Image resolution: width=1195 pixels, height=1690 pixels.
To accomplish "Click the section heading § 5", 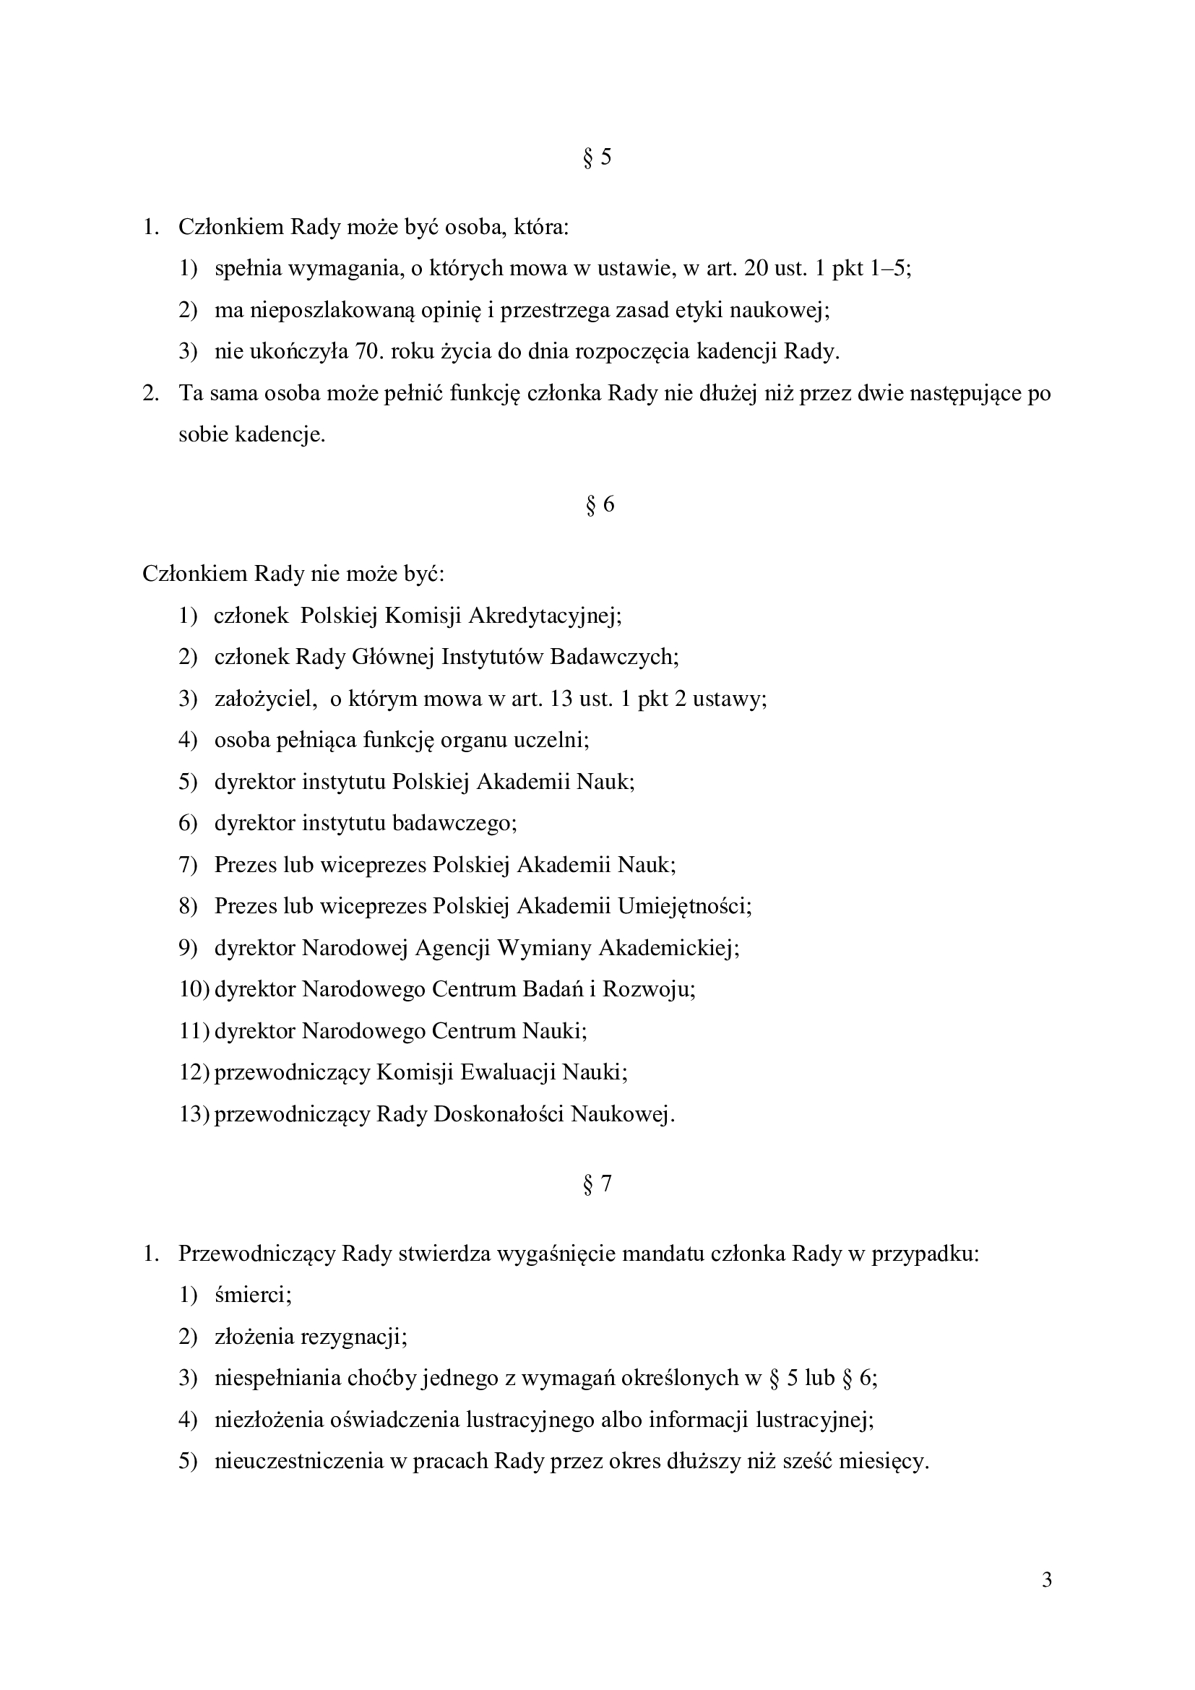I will point(597,158).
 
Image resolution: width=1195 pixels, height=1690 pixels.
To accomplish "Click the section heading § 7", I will point(597,1184).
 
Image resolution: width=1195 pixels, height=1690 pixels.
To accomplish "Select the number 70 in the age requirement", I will point(366,352).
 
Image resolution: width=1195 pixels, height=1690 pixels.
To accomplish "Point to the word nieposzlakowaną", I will point(332,311).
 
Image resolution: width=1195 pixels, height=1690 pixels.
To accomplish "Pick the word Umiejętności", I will point(684,906).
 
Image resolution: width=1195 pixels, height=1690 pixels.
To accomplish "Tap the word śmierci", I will point(252,1295).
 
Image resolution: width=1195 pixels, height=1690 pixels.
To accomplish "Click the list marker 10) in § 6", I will point(194,989).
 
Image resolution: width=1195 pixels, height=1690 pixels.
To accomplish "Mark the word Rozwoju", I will point(647,989).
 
